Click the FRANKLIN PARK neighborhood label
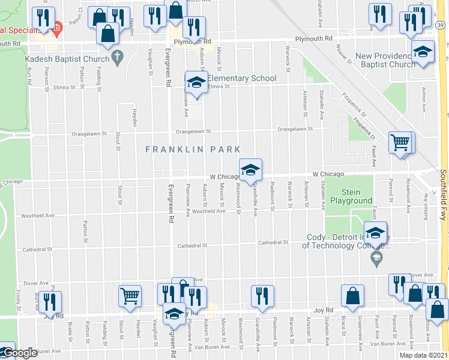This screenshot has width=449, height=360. click(x=193, y=149)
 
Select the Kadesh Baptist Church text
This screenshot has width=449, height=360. click(x=67, y=59)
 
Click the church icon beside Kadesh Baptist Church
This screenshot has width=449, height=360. click(x=118, y=58)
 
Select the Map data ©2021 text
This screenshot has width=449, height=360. click(x=420, y=354)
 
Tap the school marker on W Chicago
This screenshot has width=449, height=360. click(x=251, y=169)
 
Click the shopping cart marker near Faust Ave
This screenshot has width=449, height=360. click(x=400, y=143)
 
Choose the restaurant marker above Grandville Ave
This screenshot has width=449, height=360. click(x=262, y=296)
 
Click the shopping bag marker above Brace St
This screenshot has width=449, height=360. click(x=352, y=295)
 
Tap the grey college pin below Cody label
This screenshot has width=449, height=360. click(x=376, y=259)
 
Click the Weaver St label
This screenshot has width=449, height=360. click(x=343, y=53)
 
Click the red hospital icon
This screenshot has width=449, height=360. click(x=57, y=27)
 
